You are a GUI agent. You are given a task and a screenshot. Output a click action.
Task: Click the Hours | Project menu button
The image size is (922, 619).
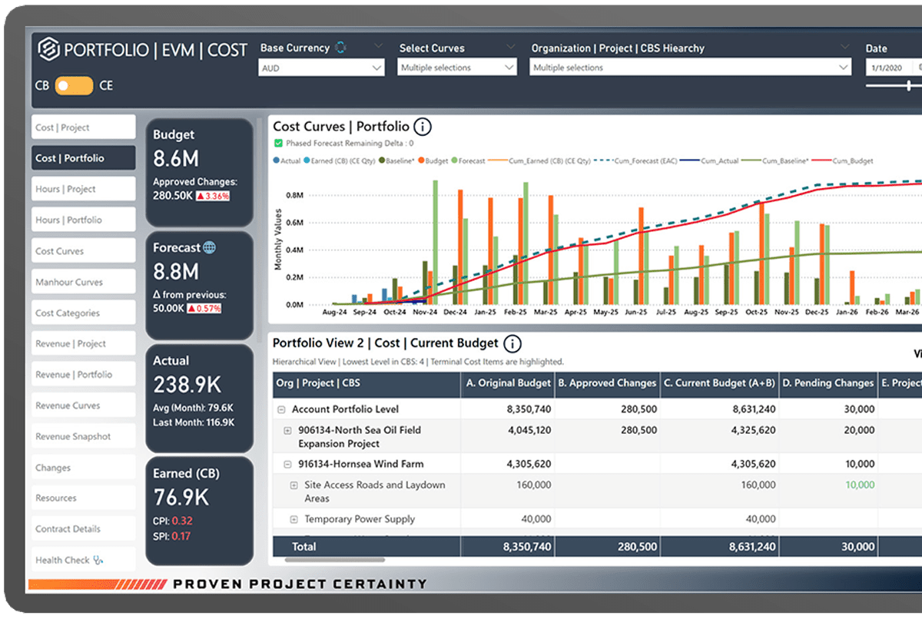tap(83, 189)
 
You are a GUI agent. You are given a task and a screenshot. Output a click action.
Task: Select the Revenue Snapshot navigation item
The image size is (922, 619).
tap(83, 436)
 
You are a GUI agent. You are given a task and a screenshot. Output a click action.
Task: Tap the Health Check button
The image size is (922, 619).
tap(83, 560)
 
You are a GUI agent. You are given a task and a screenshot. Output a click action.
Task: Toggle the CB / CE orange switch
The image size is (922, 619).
tap(74, 85)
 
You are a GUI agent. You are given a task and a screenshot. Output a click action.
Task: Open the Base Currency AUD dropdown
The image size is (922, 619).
tap(321, 68)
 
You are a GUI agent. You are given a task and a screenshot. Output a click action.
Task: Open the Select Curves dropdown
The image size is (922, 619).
tap(457, 68)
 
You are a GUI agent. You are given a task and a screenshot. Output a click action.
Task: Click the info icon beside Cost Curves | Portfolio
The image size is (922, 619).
tap(422, 127)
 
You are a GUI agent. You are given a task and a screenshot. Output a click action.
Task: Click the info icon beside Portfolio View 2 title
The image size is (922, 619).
tap(512, 343)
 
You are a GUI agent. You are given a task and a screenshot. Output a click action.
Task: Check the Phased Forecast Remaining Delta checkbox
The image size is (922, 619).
tap(278, 143)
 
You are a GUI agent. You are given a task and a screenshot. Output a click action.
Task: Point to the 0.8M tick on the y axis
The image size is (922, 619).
tap(294, 195)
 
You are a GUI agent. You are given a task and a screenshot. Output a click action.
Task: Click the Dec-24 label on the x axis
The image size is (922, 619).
tap(455, 313)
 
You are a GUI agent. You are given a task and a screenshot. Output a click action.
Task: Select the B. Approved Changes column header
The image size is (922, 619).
tap(607, 382)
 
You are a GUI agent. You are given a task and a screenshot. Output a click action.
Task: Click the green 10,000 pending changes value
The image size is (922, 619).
tap(859, 485)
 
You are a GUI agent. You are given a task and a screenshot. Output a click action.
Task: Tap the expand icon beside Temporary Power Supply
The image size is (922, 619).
tap(294, 520)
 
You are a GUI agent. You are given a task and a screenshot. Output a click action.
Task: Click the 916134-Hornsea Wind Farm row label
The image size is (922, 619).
tap(360, 464)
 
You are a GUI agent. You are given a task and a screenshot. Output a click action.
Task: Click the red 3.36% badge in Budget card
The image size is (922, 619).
tap(212, 196)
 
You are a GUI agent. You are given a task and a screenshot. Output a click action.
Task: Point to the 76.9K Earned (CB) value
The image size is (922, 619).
tap(181, 497)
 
